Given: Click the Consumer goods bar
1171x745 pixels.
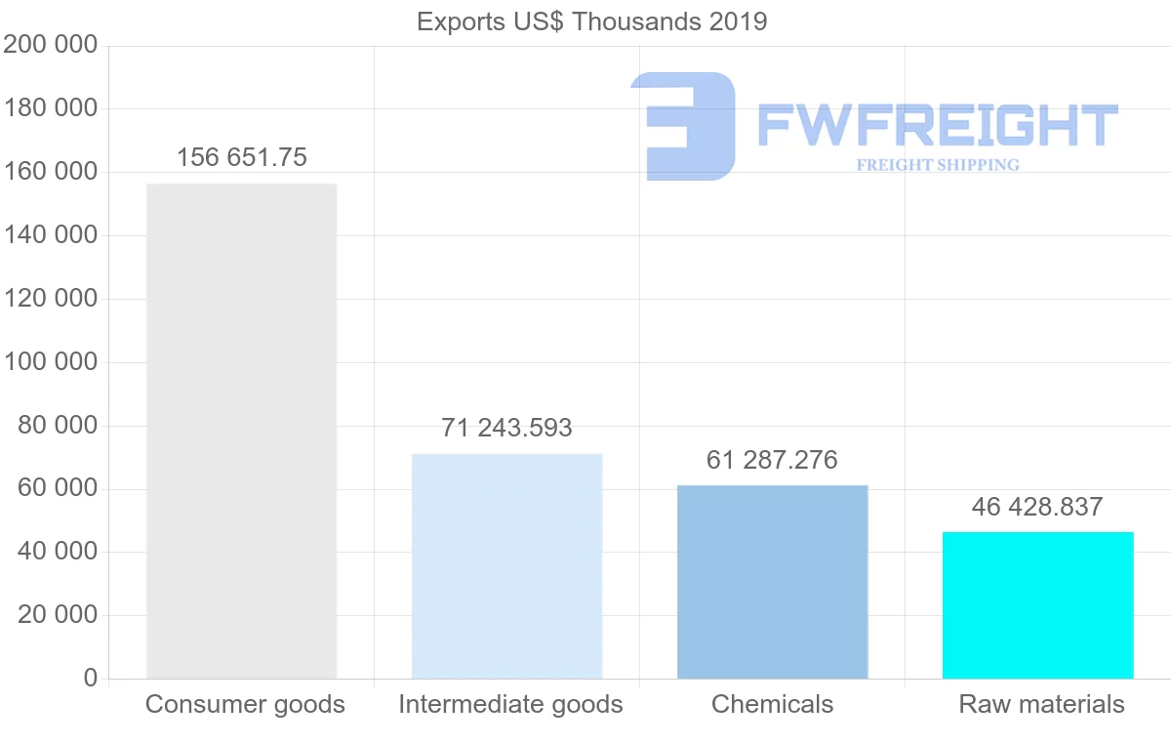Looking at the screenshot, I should tap(241, 431).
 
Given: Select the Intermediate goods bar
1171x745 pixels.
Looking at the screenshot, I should tap(506, 566).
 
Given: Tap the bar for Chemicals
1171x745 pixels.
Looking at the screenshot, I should tap(772, 582).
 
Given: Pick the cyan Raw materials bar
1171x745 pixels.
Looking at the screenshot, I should tap(1037, 605).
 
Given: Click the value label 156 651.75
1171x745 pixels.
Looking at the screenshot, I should tap(242, 157).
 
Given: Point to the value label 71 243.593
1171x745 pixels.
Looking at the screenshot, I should tap(506, 428).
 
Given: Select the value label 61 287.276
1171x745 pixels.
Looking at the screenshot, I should tap(772, 460).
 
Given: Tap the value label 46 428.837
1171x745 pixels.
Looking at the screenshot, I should tap(1037, 507).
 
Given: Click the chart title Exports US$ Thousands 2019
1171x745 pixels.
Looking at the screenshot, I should tap(591, 21).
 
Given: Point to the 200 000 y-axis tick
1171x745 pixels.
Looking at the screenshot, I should tap(51, 45).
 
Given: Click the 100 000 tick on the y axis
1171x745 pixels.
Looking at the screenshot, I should tap(51, 361).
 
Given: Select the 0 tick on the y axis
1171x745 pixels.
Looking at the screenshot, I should tap(91, 678).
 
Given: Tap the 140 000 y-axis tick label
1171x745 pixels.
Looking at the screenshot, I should tap(51, 234).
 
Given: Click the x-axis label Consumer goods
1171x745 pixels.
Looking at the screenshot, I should tap(245, 704).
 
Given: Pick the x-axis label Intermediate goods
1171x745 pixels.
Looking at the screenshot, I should tap(510, 704).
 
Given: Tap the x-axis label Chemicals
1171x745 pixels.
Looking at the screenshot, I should tap(772, 704).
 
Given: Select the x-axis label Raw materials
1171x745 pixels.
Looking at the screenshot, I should tap(1041, 704).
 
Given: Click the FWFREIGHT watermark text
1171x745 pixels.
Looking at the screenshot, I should tap(937, 126).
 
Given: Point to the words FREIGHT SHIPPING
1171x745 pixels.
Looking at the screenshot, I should tap(938, 165).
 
